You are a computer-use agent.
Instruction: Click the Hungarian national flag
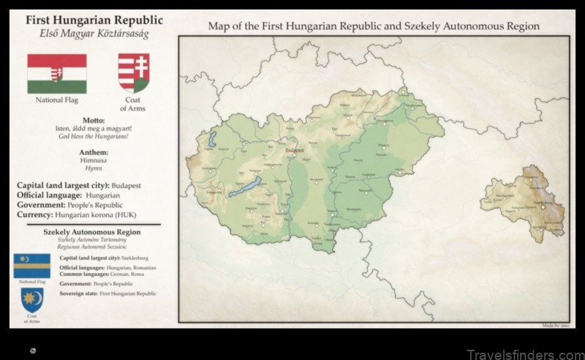pos(57,73)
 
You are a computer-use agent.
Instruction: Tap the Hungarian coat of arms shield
pos(134,72)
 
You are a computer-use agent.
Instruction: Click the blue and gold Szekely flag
pos(31,266)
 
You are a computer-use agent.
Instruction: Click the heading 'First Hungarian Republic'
pos(94,20)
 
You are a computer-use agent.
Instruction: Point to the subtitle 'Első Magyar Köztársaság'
pos(94,34)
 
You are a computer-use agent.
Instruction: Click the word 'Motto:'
pos(94,121)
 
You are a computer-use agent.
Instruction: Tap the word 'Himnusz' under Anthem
pos(94,160)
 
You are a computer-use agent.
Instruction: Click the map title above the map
pos(374,26)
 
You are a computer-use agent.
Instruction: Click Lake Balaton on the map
pos(245,187)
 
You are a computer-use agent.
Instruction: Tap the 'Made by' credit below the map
pos(556,325)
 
